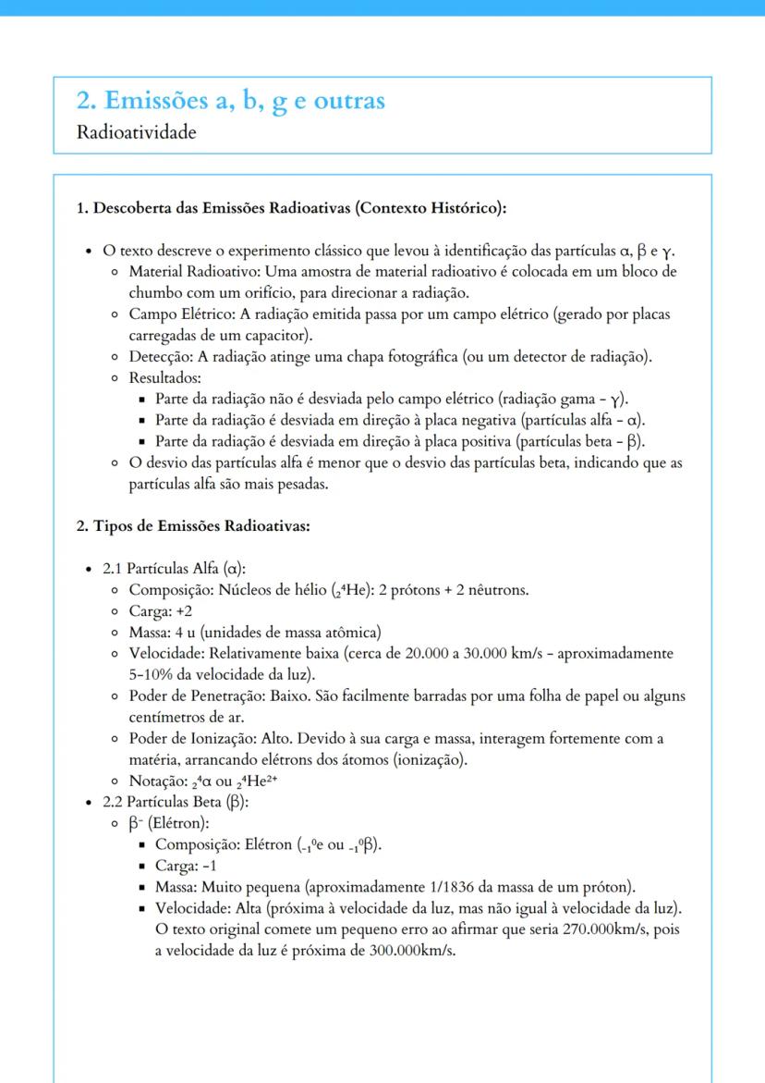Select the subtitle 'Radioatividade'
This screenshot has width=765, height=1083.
coord(137,132)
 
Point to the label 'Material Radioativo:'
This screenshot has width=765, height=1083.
coord(197,272)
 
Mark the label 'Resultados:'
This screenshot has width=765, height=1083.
coord(165,378)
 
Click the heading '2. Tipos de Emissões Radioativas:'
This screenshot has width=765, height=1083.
coord(192,527)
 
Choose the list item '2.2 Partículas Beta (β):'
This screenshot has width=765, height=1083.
coord(176,801)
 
